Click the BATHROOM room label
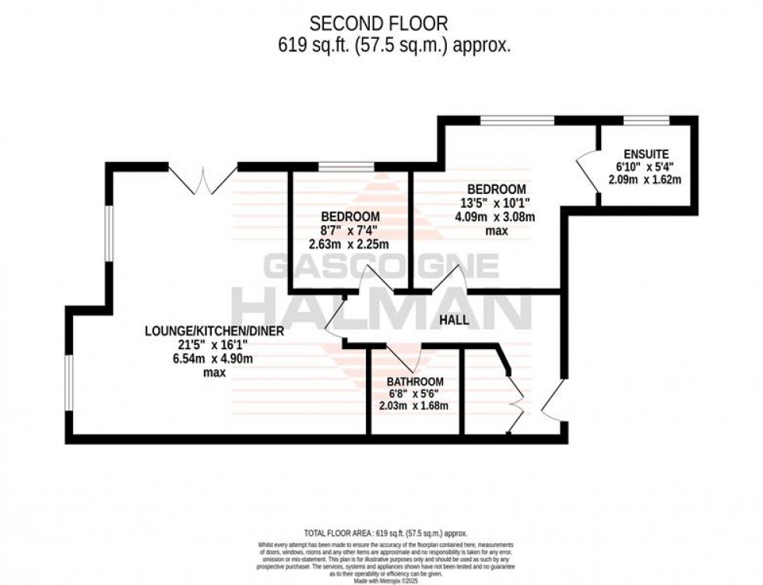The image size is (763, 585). tap(416, 382)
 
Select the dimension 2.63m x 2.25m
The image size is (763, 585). tap(350, 243)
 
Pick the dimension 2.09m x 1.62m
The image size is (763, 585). tap(645, 180)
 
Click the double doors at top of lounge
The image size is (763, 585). tap(203, 179)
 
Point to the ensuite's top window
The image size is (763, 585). tap(647, 119)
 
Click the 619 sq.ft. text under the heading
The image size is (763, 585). tap(394, 45)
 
